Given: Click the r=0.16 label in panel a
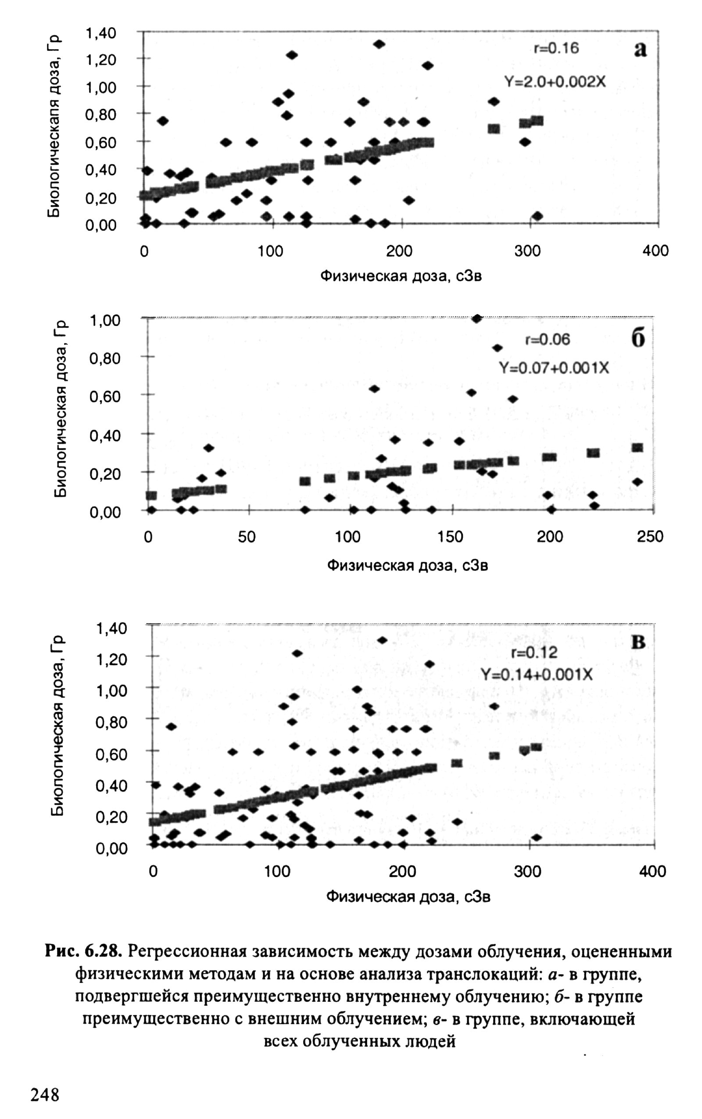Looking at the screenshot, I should click(x=556, y=48).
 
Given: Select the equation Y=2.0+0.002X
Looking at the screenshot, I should click(x=555, y=82).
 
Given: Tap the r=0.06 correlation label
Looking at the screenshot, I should click(x=548, y=340).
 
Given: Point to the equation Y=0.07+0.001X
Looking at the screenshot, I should click(x=553, y=368).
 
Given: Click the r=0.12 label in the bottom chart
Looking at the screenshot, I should click(x=534, y=653).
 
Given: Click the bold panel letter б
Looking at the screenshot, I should click(x=638, y=339).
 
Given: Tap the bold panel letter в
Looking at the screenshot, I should click(x=638, y=642).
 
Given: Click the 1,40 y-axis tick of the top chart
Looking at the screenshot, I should click(x=100, y=33).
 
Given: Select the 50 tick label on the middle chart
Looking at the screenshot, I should click(x=247, y=537).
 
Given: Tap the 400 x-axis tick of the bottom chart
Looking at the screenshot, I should click(x=652, y=871).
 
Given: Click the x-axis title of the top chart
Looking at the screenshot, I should click(x=401, y=276).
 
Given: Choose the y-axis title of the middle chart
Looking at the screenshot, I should click(x=60, y=409).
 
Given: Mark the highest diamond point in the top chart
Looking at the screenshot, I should click(x=380, y=44).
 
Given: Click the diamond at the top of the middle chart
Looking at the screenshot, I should click(x=477, y=318).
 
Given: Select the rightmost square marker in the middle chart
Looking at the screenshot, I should click(x=638, y=448).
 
